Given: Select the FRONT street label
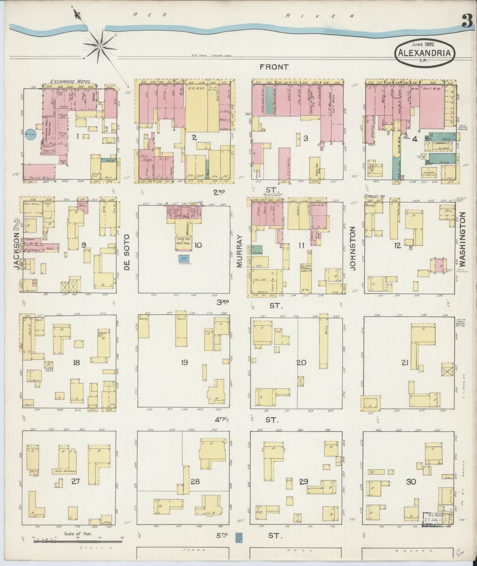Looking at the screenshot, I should [274, 67].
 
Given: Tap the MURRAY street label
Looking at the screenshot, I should [240, 251].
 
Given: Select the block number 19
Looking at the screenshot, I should [184, 363].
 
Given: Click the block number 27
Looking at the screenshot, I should [75, 481].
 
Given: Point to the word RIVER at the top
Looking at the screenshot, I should [320, 16].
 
